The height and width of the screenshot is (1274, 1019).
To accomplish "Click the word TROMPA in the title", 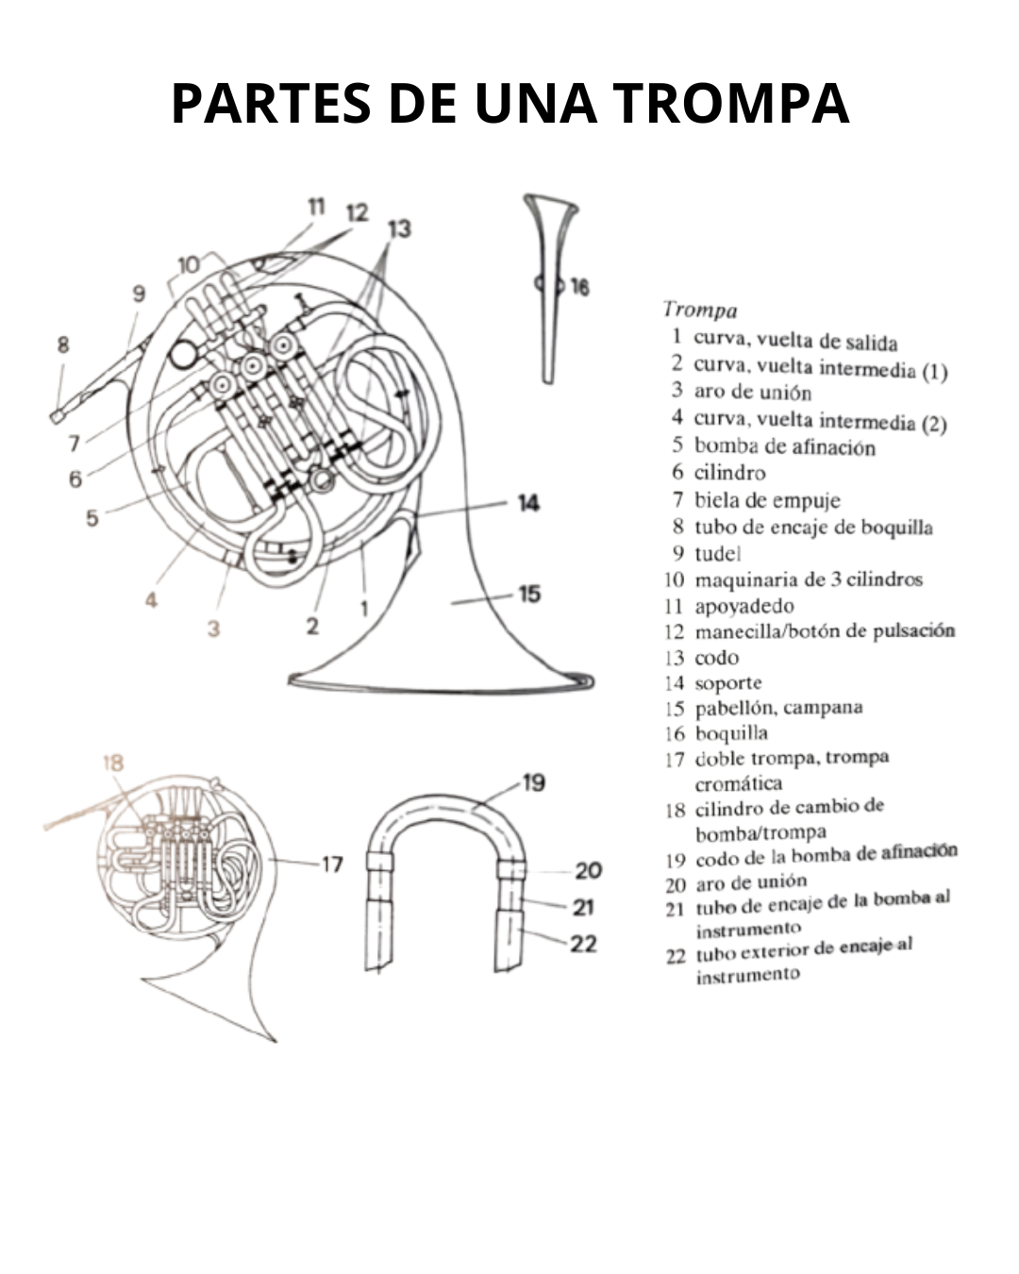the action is [730, 103].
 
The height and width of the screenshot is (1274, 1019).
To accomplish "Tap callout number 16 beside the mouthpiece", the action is [579, 287].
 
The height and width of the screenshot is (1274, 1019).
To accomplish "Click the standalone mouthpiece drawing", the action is [550, 289].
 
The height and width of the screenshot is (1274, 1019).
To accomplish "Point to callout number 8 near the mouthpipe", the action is [63, 344].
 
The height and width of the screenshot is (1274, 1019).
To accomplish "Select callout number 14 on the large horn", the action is [528, 503].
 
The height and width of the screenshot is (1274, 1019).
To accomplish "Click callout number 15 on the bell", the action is [529, 595].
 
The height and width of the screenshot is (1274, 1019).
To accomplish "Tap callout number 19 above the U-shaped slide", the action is [533, 783].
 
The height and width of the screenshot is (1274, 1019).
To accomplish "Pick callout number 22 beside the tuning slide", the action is [583, 945].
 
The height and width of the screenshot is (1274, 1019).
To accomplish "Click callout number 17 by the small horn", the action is [332, 865].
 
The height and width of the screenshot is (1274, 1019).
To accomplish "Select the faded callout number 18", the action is [113, 763].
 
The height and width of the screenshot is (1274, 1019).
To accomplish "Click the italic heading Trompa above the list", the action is [700, 310].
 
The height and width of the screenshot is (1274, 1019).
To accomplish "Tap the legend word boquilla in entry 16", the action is [731, 733].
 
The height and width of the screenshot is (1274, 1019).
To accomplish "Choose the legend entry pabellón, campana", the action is [778, 708].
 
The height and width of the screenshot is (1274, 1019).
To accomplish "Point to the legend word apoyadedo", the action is [744, 606].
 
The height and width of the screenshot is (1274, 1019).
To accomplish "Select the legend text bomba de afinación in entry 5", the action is [785, 446].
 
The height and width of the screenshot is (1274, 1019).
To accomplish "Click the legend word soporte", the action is [728, 683].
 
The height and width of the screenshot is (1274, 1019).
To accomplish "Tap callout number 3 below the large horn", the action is [214, 629].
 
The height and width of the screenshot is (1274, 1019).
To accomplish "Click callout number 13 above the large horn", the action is [399, 228].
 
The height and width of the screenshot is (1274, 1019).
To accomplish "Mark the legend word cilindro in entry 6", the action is [730, 473].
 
